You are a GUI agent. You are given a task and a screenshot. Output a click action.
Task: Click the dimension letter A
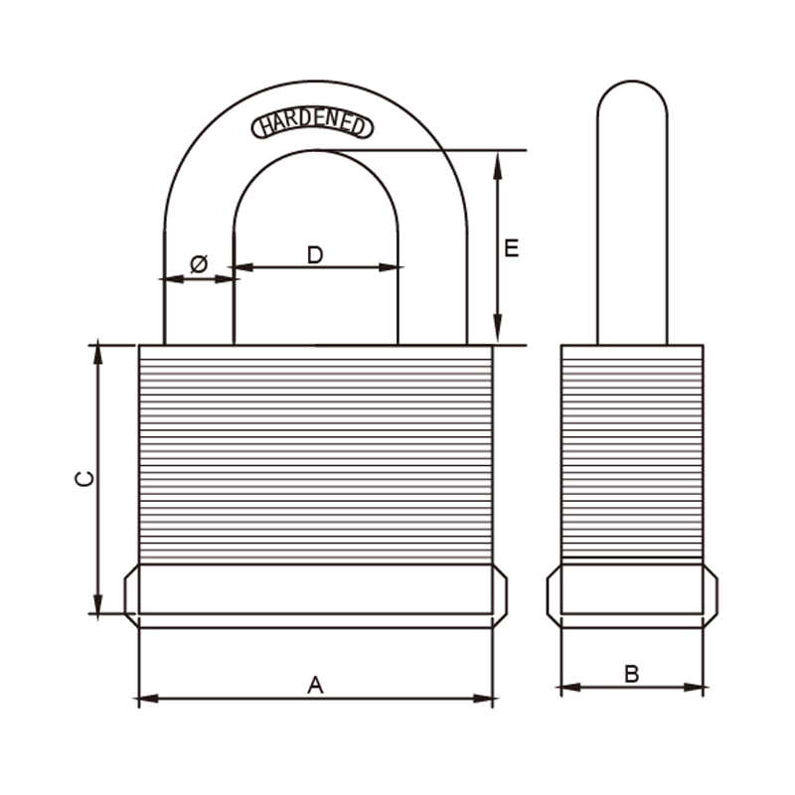click(x=315, y=685)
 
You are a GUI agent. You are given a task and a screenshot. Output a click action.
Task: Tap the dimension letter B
click(x=632, y=674)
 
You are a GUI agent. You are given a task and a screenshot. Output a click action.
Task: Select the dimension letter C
click(x=84, y=479)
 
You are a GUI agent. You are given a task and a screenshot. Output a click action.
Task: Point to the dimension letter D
click(x=315, y=254)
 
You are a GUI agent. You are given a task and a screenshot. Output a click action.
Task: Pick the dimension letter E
click(x=512, y=248)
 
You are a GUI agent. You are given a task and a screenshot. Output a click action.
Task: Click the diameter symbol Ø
click(x=199, y=263)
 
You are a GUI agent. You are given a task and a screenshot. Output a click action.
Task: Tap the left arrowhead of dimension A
click(x=148, y=699)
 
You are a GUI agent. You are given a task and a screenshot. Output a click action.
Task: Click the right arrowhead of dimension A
click(x=483, y=699)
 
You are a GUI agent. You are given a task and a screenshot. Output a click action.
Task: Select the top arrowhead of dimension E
click(x=498, y=165)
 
